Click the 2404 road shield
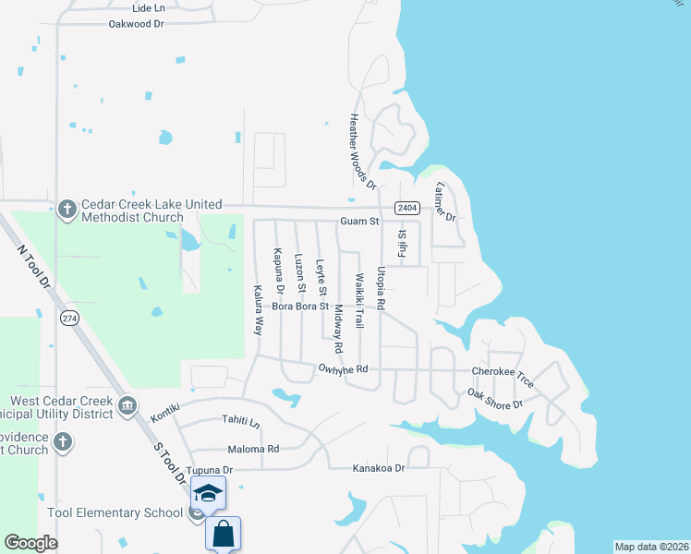pos(406,208)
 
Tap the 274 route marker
pos(68,319)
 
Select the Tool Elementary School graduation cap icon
pos(209,494)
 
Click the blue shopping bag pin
pos(223,533)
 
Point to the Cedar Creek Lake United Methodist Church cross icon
pos(67,211)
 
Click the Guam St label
pos(359,222)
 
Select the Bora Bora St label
pos(300,306)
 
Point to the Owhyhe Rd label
pos(343,369)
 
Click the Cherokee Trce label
pos(503,370)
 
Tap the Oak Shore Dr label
pos(495,399)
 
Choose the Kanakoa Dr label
pos(379,469)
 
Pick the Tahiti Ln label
pos(241,420)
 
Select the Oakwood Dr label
pos(136,24)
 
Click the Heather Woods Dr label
pos(362,151)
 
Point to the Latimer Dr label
pos(445,202)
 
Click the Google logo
pos(30,543)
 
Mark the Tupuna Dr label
pos(210,470)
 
